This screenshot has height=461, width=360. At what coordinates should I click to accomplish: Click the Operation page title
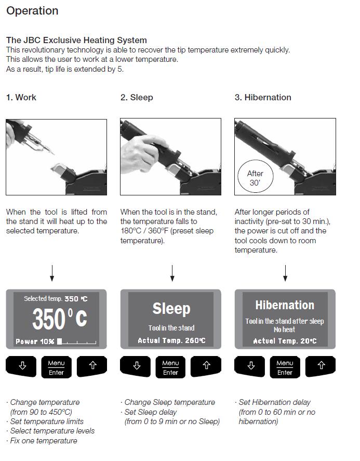(32, 11)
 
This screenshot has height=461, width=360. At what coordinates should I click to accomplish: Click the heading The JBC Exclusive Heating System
(76, 40)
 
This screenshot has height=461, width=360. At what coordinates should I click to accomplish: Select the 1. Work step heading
(21, 97)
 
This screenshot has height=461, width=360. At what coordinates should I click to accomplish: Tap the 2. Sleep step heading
(137, 97)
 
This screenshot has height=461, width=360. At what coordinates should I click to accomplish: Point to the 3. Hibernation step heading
(263, 97)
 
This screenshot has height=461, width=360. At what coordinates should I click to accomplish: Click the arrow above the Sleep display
(172, 273)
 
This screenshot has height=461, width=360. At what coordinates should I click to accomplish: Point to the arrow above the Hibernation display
(285, 273)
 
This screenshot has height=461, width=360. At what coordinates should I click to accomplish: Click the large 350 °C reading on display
(59, 319)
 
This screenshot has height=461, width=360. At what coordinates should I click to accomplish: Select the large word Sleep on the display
(171, 308)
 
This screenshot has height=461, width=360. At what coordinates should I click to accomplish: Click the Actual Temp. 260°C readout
(171, 340)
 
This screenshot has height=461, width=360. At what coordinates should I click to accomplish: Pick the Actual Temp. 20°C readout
(285, 341)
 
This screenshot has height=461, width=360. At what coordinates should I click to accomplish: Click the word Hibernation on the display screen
(285, 305)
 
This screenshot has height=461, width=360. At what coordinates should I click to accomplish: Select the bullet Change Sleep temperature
(168, 402)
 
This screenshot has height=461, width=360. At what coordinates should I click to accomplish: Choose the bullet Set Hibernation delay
(274, 402)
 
